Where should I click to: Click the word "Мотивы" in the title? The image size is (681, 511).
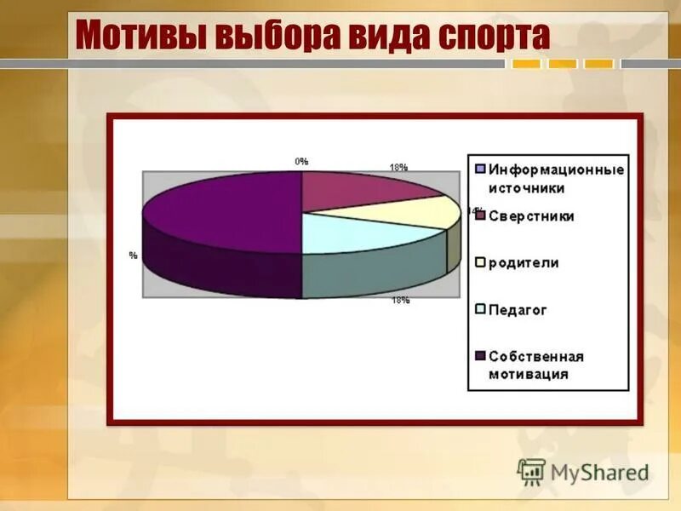click(x=137, y=36)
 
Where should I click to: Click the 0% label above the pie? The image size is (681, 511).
click(x=301, y=161)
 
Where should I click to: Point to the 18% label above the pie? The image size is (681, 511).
click(x=398, y=168)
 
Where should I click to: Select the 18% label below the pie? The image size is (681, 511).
click(x=400, y=300)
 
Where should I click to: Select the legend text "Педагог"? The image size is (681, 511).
click(x=518, y=310)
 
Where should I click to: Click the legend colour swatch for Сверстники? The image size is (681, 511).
click(x=480, y=216)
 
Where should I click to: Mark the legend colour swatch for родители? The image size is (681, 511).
click(x=480, y=263)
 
